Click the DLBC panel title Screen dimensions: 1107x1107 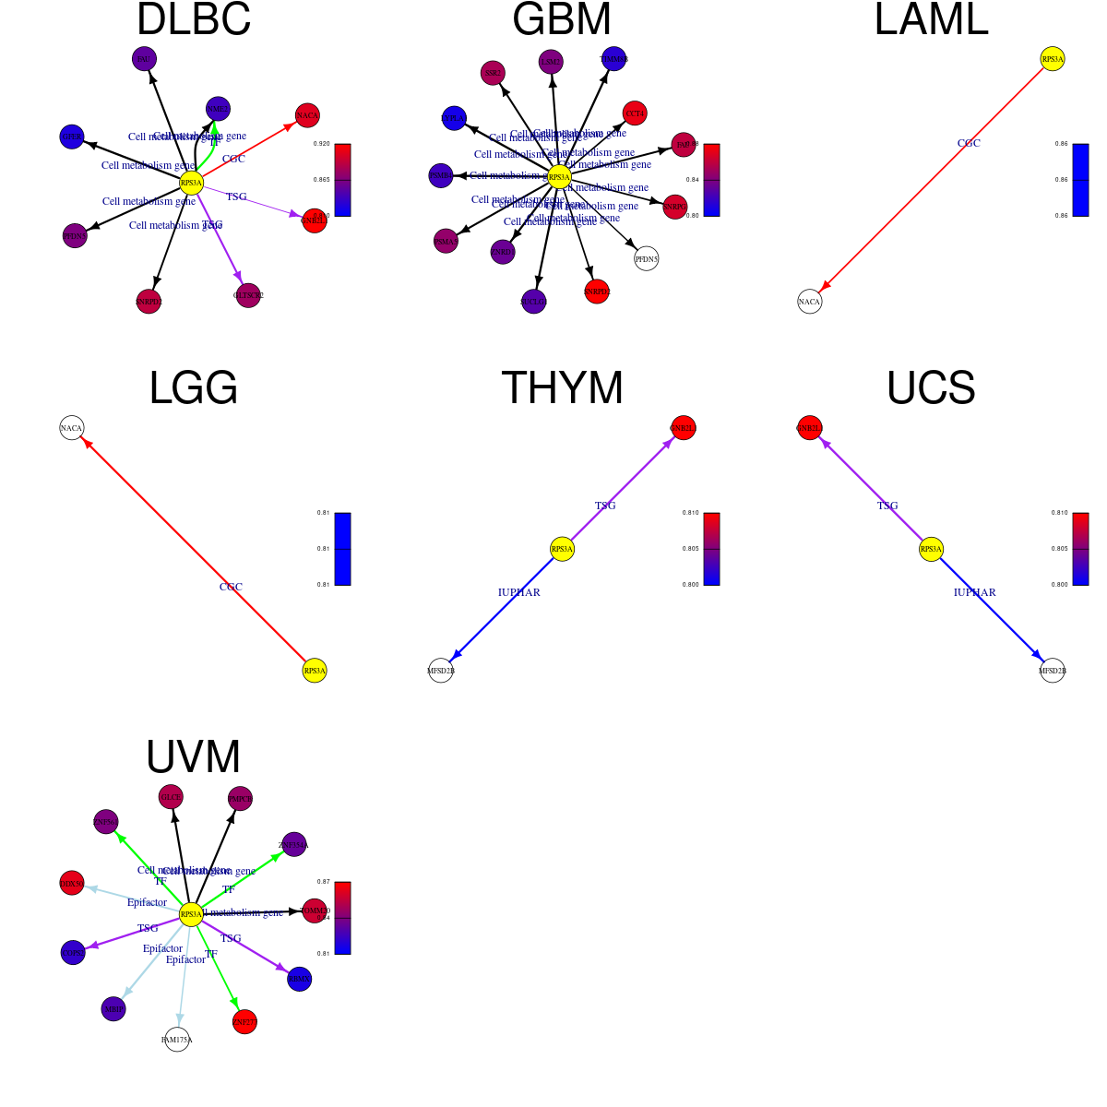[x=194, y=20]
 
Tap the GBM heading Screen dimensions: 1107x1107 [x=562, y=20]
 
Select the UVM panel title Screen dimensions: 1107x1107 [x=194, y=757]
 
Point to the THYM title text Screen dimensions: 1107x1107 [x=562, y=388]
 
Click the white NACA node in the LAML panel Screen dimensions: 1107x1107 [x=809, y=302]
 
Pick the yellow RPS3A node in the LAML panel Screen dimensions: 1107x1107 [x=1053, y=59]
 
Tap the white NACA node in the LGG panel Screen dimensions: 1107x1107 [x=71, y=428]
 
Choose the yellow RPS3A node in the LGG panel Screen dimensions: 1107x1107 [x=315, y=671]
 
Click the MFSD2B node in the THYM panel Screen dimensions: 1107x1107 [x=441, y=671]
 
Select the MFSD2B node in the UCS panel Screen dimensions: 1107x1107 [x=1053, y=671]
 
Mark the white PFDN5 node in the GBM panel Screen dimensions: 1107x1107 [x=647, y=259]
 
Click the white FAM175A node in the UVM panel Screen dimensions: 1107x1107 [x=177, y=1040]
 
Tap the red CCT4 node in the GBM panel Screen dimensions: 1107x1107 [x=635, y=113]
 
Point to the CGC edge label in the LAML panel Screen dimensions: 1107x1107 [x=969, y=143]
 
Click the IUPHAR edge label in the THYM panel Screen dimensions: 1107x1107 [x=519, y=592]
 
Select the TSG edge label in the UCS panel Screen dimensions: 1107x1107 [x=887, y=506]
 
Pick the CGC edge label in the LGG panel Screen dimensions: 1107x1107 [x=231, y=587]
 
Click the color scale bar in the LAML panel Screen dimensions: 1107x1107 [x=1080, y=180]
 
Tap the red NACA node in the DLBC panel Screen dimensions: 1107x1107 [x=307, y=115]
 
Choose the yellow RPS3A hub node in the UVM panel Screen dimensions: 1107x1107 [x=191, y=914]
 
